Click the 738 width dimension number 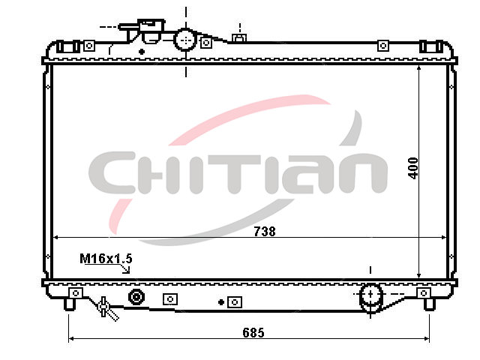265,232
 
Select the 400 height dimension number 413,168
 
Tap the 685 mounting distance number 253,332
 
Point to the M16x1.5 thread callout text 106,259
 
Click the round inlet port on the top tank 185,40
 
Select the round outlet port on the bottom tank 370,295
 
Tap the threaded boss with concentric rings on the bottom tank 136,297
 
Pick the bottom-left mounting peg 70,304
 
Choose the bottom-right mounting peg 429,304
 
